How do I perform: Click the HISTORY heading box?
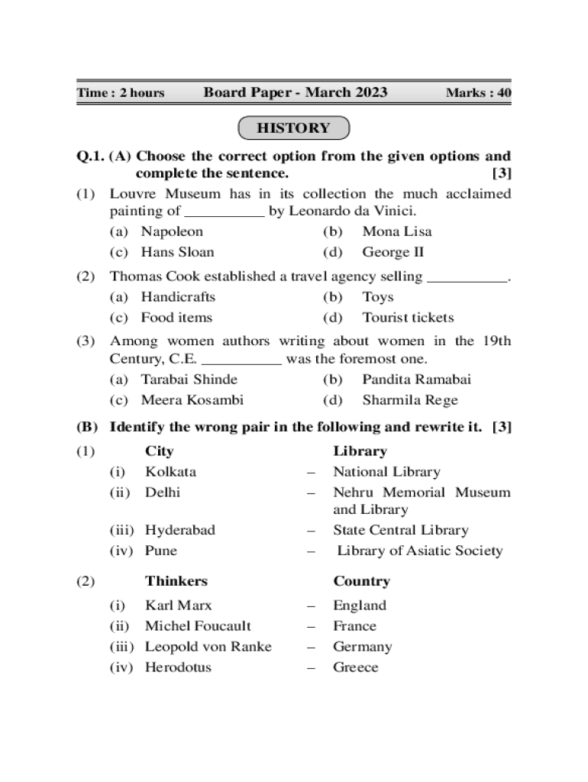pyautogui.click(x=293, y=128)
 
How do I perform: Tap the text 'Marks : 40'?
pyautogui.click(x=478, y=93)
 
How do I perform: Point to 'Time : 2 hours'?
pyautogui.click(x=121, y=93)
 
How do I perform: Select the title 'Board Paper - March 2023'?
pyautogui.click(x=296, y=92)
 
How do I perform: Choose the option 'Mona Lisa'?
pyautogui.click(x=396, y=231)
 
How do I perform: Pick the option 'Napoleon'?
pyautogui.click(x=172, y=231)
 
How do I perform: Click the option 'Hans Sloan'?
pyautogui.click(x=177, y=252)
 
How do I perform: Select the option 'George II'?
pyautogui.click(x=393, y=252)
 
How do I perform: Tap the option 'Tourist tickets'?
pyautogui.click(x=408, y=318)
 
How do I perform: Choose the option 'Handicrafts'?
pyautogui.click(x=178, y=297)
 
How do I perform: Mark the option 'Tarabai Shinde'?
pyautogui.click(x=189, y=380)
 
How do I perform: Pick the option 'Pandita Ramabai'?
pyautogui.click(x=416, y=380)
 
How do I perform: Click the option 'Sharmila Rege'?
pyautogui.click(x=410, y=400)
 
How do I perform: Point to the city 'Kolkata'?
pyautogui.click(x=170, y=472)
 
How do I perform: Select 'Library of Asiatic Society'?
pyautogui.click(x=420, y=551)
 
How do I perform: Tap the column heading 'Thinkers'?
pyautogui.click(x=176, y=581)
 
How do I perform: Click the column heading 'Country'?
pyautogui.click(x=361, y=581)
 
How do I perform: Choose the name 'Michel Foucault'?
pyautogui.click(x=198, y=626)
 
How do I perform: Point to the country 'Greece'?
pyautogui.click(x=355, y=667)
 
